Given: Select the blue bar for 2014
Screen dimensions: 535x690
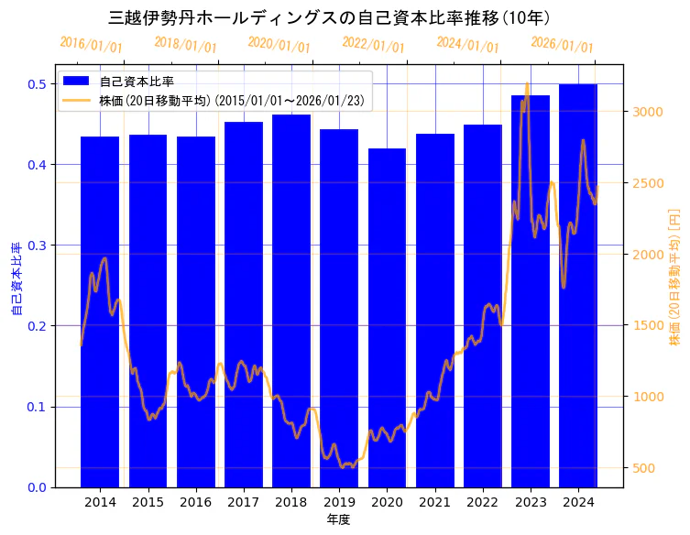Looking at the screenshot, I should (100, 311).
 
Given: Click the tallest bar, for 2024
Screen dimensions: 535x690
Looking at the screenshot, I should (578, 285).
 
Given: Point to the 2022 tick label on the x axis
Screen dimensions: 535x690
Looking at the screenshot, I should (482, 503).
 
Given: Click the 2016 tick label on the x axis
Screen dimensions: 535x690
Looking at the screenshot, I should (195, 503).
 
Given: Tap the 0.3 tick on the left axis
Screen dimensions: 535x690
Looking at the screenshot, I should (36, 246).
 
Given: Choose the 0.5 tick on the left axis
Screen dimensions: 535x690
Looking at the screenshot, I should (36, 84).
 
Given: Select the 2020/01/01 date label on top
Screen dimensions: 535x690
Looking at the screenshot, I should (279, 45).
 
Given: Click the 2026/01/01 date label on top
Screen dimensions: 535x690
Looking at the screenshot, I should (563, 45).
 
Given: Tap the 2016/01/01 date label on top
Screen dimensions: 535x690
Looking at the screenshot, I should (91, 45).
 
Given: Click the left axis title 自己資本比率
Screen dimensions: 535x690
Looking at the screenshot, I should (16, 279).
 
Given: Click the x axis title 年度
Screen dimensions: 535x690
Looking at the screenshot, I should (338, 519).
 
